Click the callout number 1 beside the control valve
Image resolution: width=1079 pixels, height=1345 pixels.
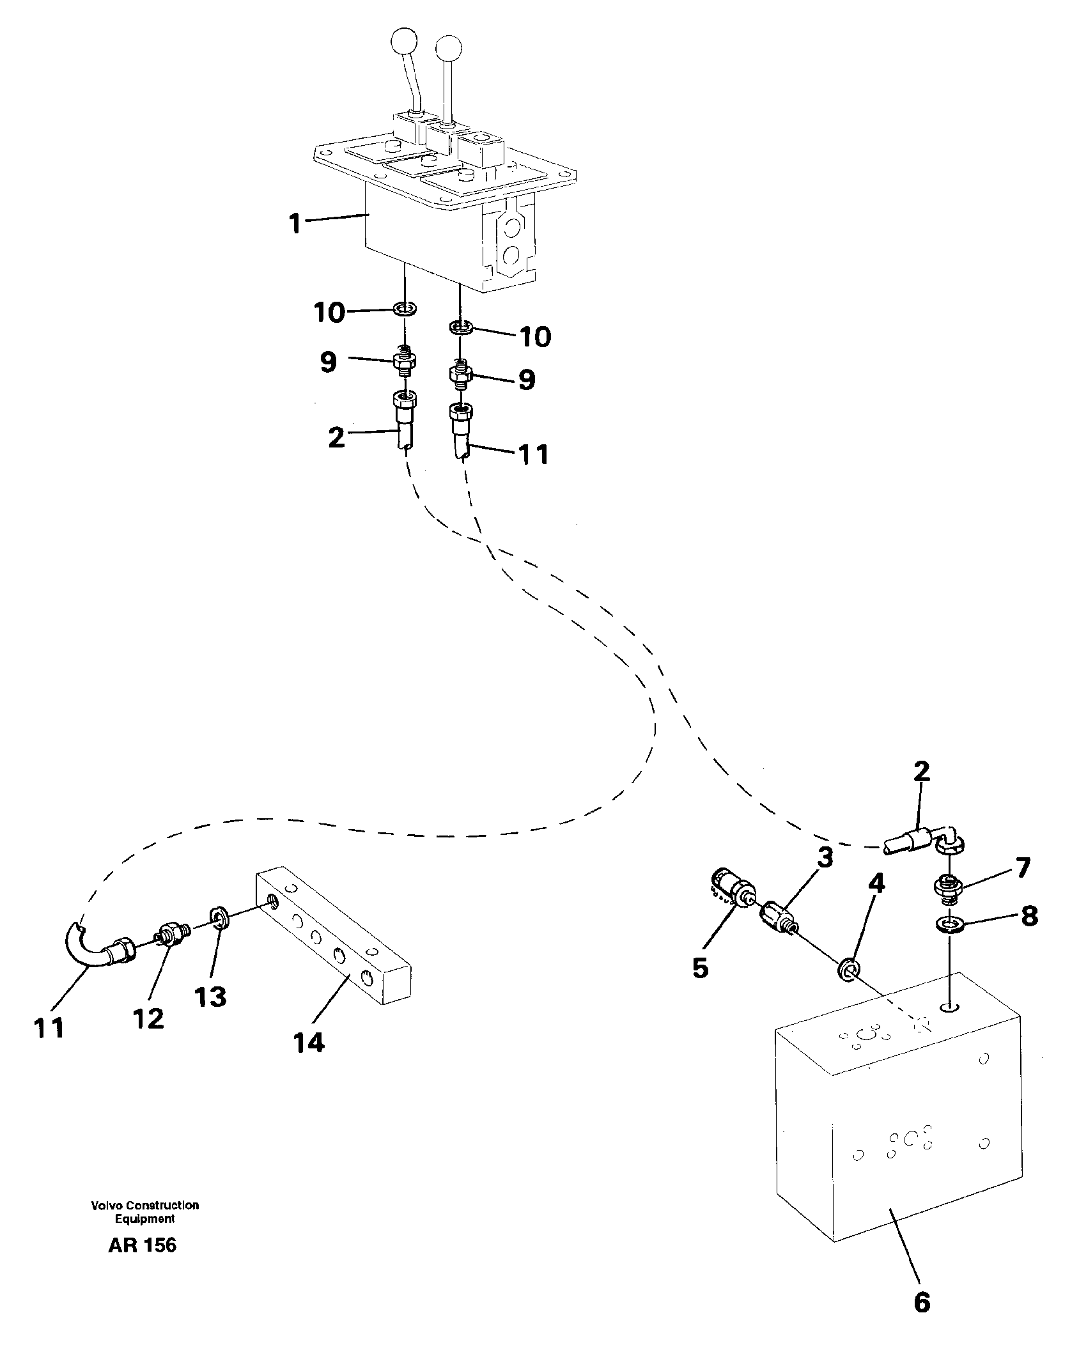[295, 224]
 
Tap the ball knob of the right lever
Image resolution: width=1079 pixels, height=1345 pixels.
[449, 48]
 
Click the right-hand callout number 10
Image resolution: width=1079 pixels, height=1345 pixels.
[534, 336]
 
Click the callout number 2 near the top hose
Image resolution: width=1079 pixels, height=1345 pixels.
[336, 437]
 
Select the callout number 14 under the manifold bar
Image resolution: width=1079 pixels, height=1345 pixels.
[309, 1043]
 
